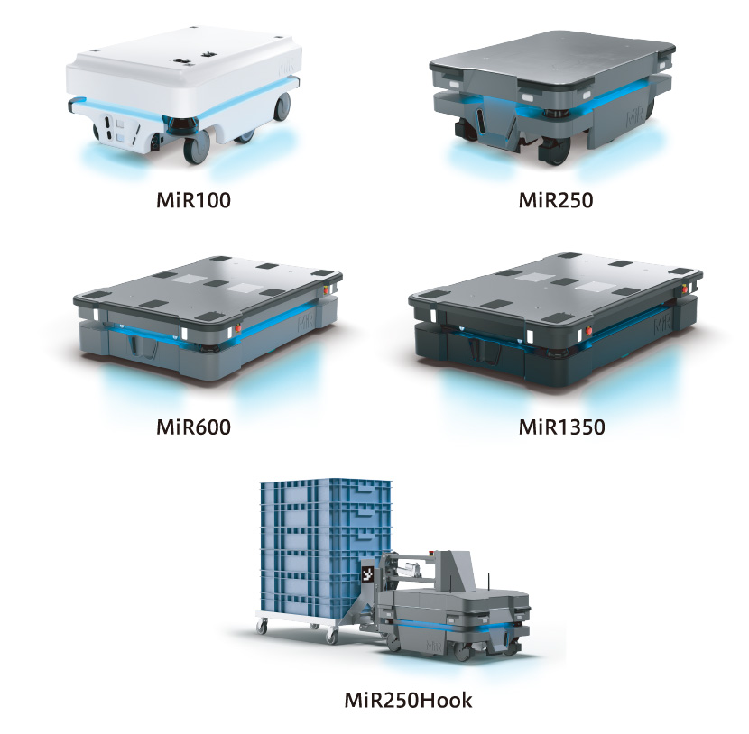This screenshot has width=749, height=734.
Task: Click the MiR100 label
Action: click(x=193, y=200)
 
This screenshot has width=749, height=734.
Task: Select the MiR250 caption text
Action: click(x=556, y=200)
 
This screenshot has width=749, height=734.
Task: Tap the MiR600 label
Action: click(x=193, y=427)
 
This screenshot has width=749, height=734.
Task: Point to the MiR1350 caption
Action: click(x=561, y=427)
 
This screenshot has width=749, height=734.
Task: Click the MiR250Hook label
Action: click(x=409, y=700)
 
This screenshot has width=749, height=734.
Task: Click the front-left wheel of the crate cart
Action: click(x=262, y=626)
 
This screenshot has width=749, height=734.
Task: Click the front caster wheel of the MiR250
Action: click(x=555, y=151)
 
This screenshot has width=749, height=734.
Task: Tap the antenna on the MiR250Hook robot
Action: click(x=489, y=583)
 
